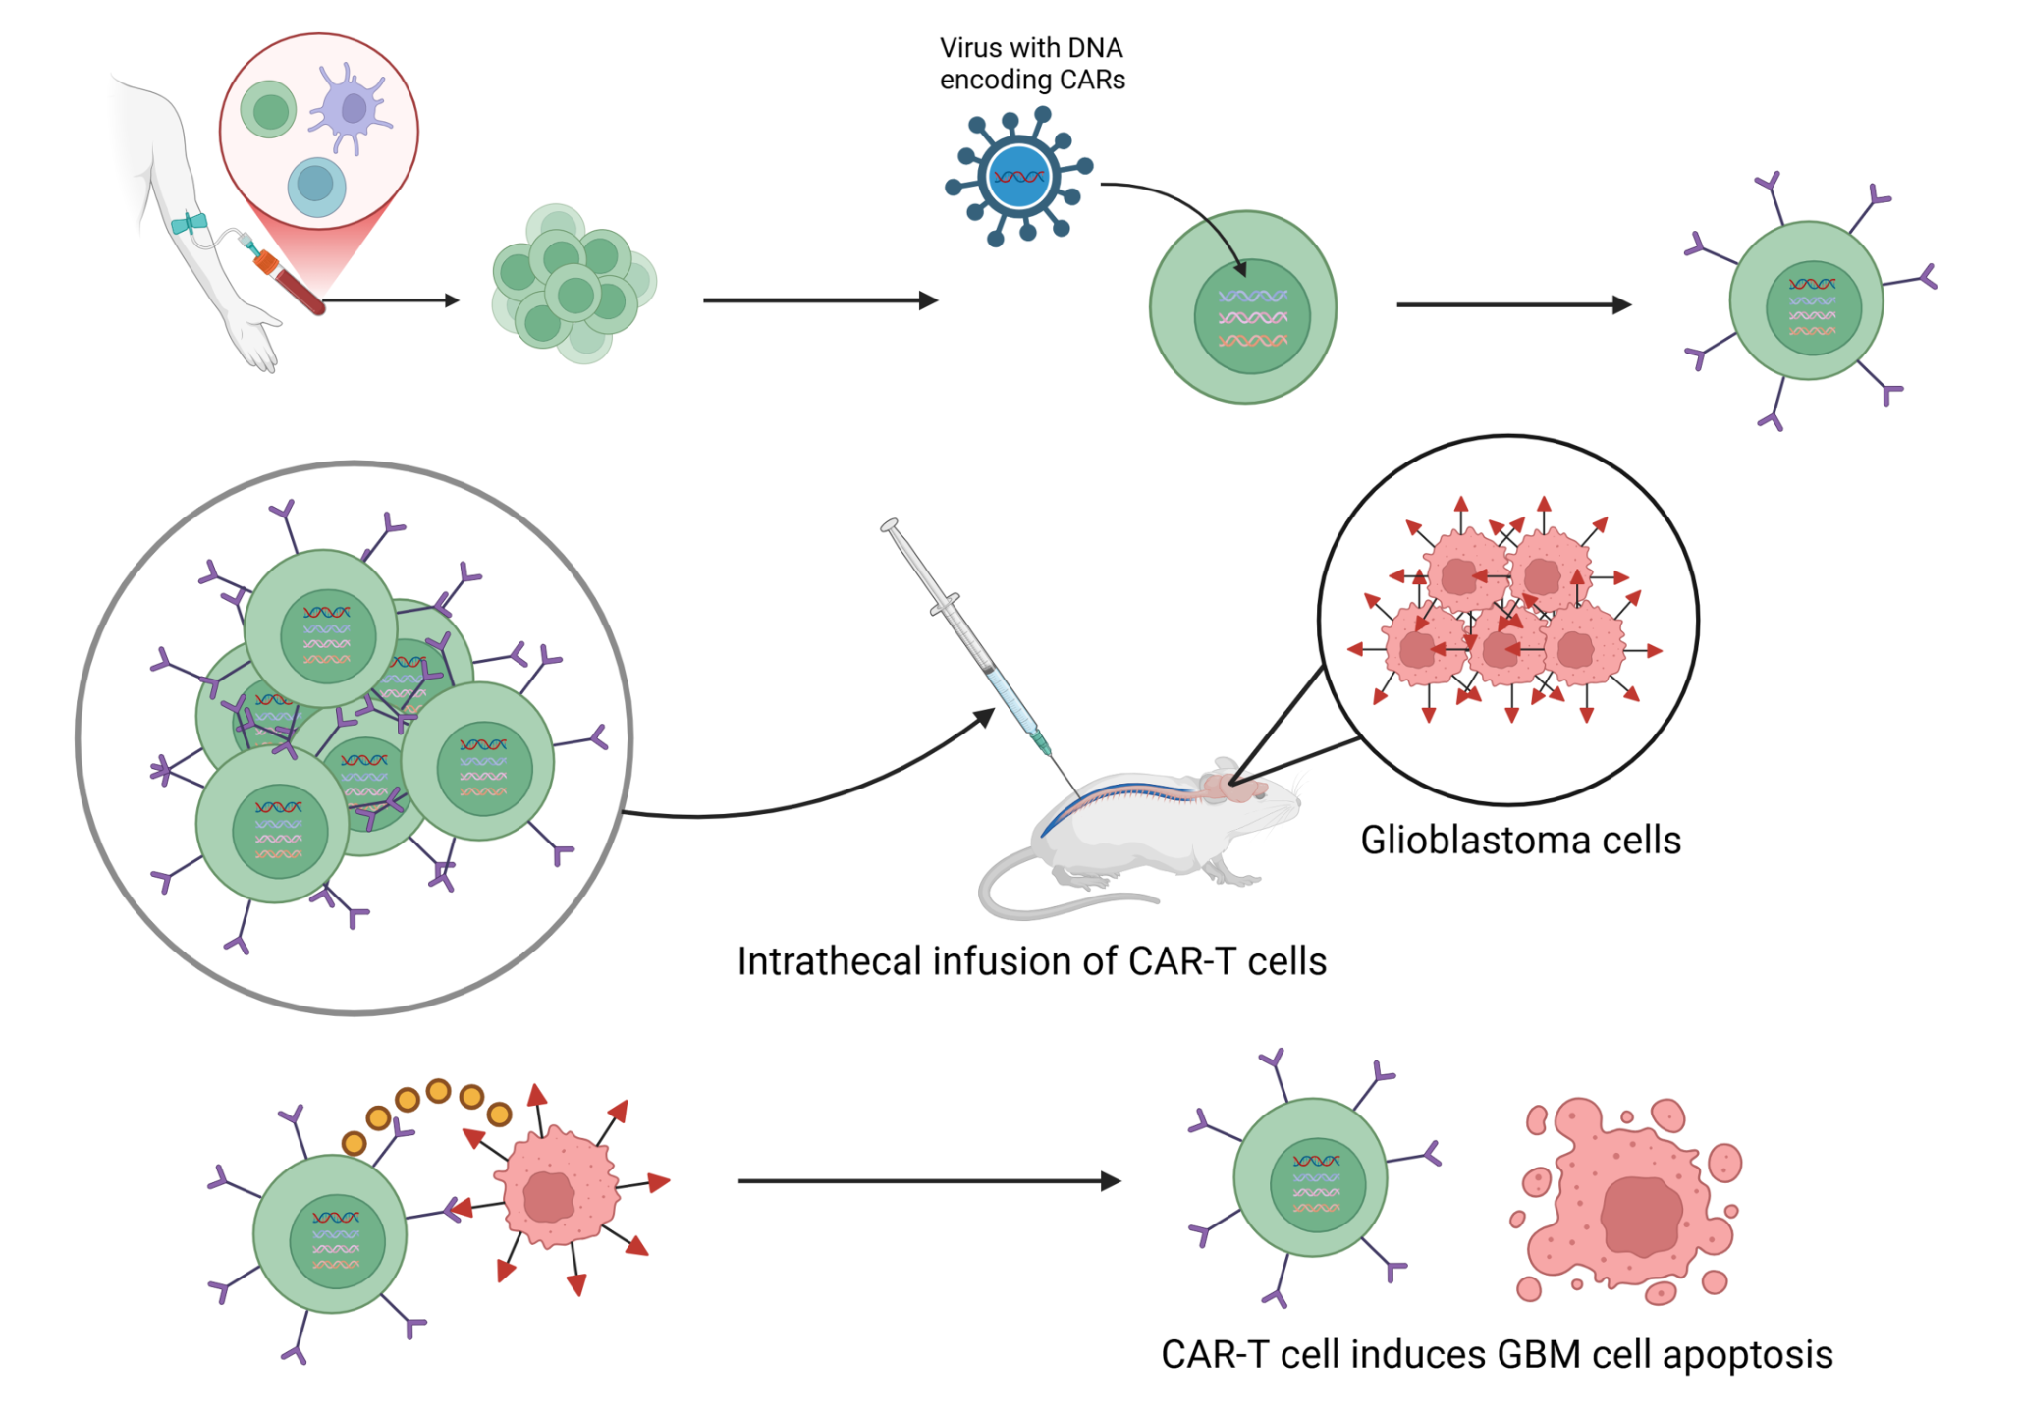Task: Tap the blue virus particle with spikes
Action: [x=1018, y=178]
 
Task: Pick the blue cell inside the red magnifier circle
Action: [x=316, y=185]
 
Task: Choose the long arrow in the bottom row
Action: [x=928, y=1181]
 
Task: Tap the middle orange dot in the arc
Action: [x=439, y=1091]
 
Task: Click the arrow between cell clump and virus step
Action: [x=820, y=300]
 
